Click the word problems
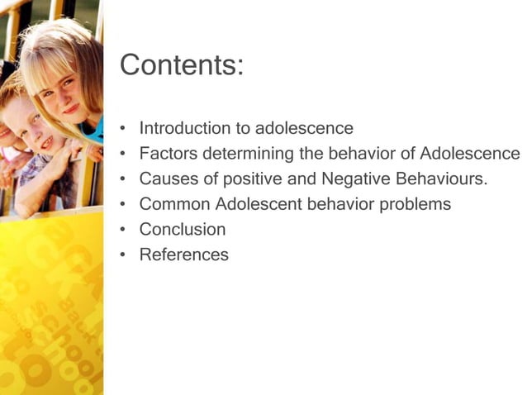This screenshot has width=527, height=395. (x=417, y=204)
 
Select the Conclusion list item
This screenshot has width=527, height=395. (x=182, y=229)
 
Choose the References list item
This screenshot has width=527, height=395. (x=183, y=255)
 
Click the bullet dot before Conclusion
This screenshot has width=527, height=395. (x=122, y=230)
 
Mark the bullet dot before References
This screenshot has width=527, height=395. (x=122, y=255)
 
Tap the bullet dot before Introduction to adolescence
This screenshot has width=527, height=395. (x=122, y=130)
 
